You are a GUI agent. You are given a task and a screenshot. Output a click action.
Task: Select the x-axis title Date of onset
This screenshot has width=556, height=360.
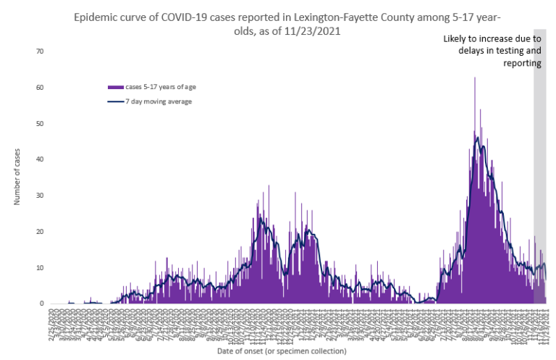click(282, 351)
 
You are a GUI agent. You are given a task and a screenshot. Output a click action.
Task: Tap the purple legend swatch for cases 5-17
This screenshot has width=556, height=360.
click(116, 87)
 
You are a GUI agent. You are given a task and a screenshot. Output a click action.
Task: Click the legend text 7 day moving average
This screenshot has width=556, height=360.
click(159, 101)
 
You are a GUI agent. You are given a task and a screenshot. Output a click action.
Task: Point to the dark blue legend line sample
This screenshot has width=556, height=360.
click(116, 101)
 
